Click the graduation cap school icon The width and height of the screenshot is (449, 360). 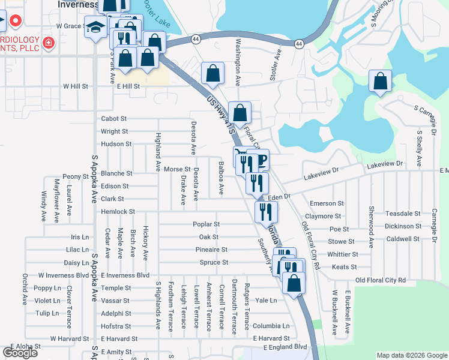tap(95, 28)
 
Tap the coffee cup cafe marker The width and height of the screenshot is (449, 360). tap(259, 160)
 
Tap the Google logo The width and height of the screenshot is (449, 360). tap(20, 353)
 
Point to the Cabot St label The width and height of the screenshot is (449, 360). tap(114, 119)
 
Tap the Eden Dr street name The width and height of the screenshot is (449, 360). tap(279, 196)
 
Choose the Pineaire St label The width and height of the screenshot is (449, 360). tap(211, 250)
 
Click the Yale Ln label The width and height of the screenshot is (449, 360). tap(266, 300)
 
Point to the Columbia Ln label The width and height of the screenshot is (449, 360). tap(270, 326)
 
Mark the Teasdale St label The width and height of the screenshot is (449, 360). tap(403, 214)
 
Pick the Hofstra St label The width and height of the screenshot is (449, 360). tap(116, 326)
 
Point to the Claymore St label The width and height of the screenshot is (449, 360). tap(323, 216)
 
